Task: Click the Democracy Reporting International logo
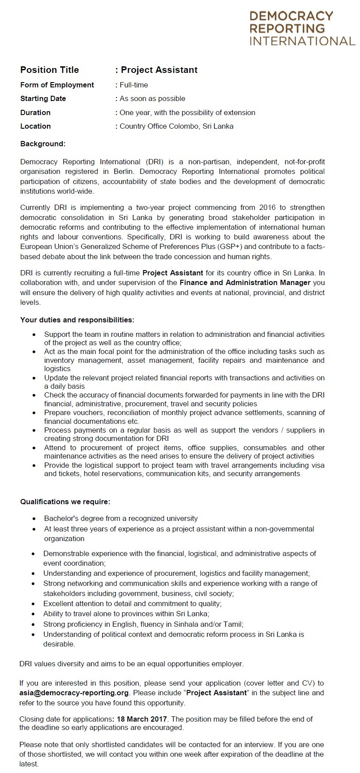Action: [302, 29]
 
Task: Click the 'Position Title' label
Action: [50, 70]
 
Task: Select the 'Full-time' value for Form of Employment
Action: [134, 85]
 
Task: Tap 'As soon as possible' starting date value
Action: [152, 98]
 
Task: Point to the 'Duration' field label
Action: [35, 112]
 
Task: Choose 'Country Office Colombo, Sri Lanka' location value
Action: [176, 126]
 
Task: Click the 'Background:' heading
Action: [43, 144]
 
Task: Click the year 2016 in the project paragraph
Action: [268, 207]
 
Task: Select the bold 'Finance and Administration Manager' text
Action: [245, 282]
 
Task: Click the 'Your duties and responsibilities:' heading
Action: [77, 320]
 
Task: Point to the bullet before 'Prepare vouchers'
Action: [34, 413]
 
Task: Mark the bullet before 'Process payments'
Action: [34, 430]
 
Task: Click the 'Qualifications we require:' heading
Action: [65, 502]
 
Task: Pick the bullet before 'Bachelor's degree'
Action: [34, 519]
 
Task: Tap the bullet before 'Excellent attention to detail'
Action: [33, 604]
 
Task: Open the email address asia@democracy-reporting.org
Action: [74, 693]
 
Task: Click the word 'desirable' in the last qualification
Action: [58, 644]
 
